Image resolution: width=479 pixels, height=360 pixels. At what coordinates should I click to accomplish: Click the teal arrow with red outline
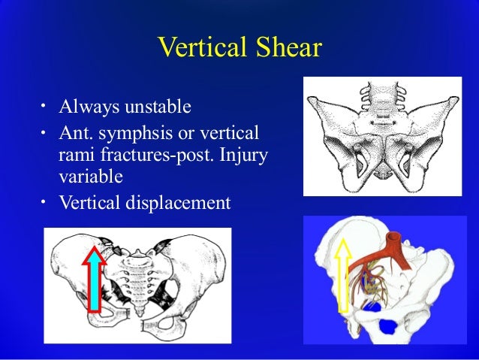click(95, 278)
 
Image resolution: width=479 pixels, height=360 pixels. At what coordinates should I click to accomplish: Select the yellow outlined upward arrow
click(343, 275)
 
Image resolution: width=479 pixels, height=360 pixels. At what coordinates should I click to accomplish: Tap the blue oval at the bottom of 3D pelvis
click(389, 326)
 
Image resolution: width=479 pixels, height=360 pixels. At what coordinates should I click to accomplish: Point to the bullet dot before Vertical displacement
click(44, 201)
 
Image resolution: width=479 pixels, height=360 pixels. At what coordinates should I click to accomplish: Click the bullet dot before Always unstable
click(44, 107)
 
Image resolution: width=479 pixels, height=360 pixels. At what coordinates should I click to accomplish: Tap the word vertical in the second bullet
click(225, 135)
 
